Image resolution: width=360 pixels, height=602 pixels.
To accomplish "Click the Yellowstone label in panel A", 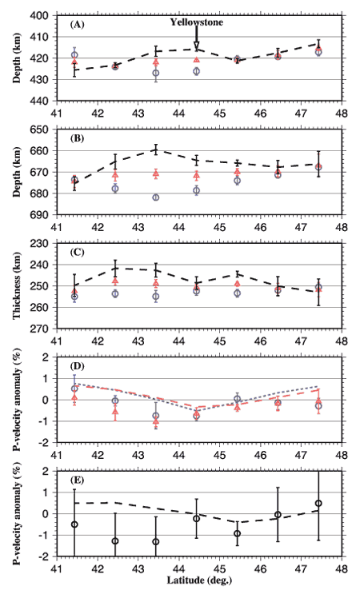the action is (x=196, y=22).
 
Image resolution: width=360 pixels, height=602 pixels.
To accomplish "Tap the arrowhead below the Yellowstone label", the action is (x=196, y=46).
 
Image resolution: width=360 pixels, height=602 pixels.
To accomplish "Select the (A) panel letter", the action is (x=78, y=25).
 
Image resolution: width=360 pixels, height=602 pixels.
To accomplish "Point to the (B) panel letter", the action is (x=77, y=138).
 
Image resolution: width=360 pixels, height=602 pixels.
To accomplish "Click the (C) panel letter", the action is (x=78, y=253).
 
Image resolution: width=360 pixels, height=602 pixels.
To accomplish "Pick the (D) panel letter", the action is (x=78, y=367).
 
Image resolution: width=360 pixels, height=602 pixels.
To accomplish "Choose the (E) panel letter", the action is (x=77, y=480).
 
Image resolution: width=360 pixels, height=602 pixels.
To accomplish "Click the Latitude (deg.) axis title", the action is (x=199, y=580).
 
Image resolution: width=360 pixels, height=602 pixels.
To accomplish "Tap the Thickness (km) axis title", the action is (x=16, y=286).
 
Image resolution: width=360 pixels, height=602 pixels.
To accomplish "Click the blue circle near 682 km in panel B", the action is (x=156, y=197).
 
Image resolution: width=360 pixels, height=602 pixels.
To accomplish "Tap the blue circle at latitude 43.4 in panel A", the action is (x=156, y=73).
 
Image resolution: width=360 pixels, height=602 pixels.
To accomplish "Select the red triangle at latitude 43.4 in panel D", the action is (x=156, y=421).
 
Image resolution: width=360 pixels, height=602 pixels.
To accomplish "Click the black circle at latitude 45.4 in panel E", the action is (x=237, y=534).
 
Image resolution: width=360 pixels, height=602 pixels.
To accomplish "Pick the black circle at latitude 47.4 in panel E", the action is (x=318, y=504).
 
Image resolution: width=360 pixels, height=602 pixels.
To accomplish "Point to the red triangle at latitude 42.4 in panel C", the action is (x=115, y=281).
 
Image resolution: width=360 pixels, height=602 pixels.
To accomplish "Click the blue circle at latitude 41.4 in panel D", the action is (x=74, y=389).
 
